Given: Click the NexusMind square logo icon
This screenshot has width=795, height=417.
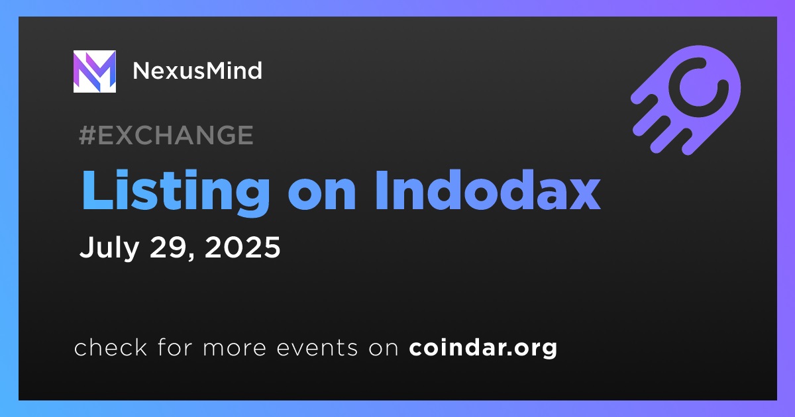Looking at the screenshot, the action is tap(94, 71).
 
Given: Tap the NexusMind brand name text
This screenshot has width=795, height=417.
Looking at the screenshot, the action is tap(197, 71).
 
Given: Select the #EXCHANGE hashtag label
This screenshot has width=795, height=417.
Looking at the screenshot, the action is tap(166, 135).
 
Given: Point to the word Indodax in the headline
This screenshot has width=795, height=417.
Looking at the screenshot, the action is tap(488, 190).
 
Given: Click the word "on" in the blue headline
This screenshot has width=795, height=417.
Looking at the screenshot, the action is tap(322, 196).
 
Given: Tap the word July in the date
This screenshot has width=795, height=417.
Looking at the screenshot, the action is tap(109, 248).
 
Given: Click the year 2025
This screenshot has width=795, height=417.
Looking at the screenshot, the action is tap(242, 247).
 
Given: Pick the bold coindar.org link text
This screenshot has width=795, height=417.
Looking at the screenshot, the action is tap(483, 348).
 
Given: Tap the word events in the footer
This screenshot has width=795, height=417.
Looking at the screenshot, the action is tap(317, 348).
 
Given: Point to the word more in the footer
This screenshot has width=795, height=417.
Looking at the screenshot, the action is tap(235, 349).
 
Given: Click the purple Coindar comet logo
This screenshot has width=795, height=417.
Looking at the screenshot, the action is tap(686, 100).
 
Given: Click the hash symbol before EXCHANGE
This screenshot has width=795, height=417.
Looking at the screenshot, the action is tap(87, 135).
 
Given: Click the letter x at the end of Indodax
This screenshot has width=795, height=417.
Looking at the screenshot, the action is tap(582, 196).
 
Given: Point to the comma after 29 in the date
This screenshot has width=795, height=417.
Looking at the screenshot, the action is tap(191, 256).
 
